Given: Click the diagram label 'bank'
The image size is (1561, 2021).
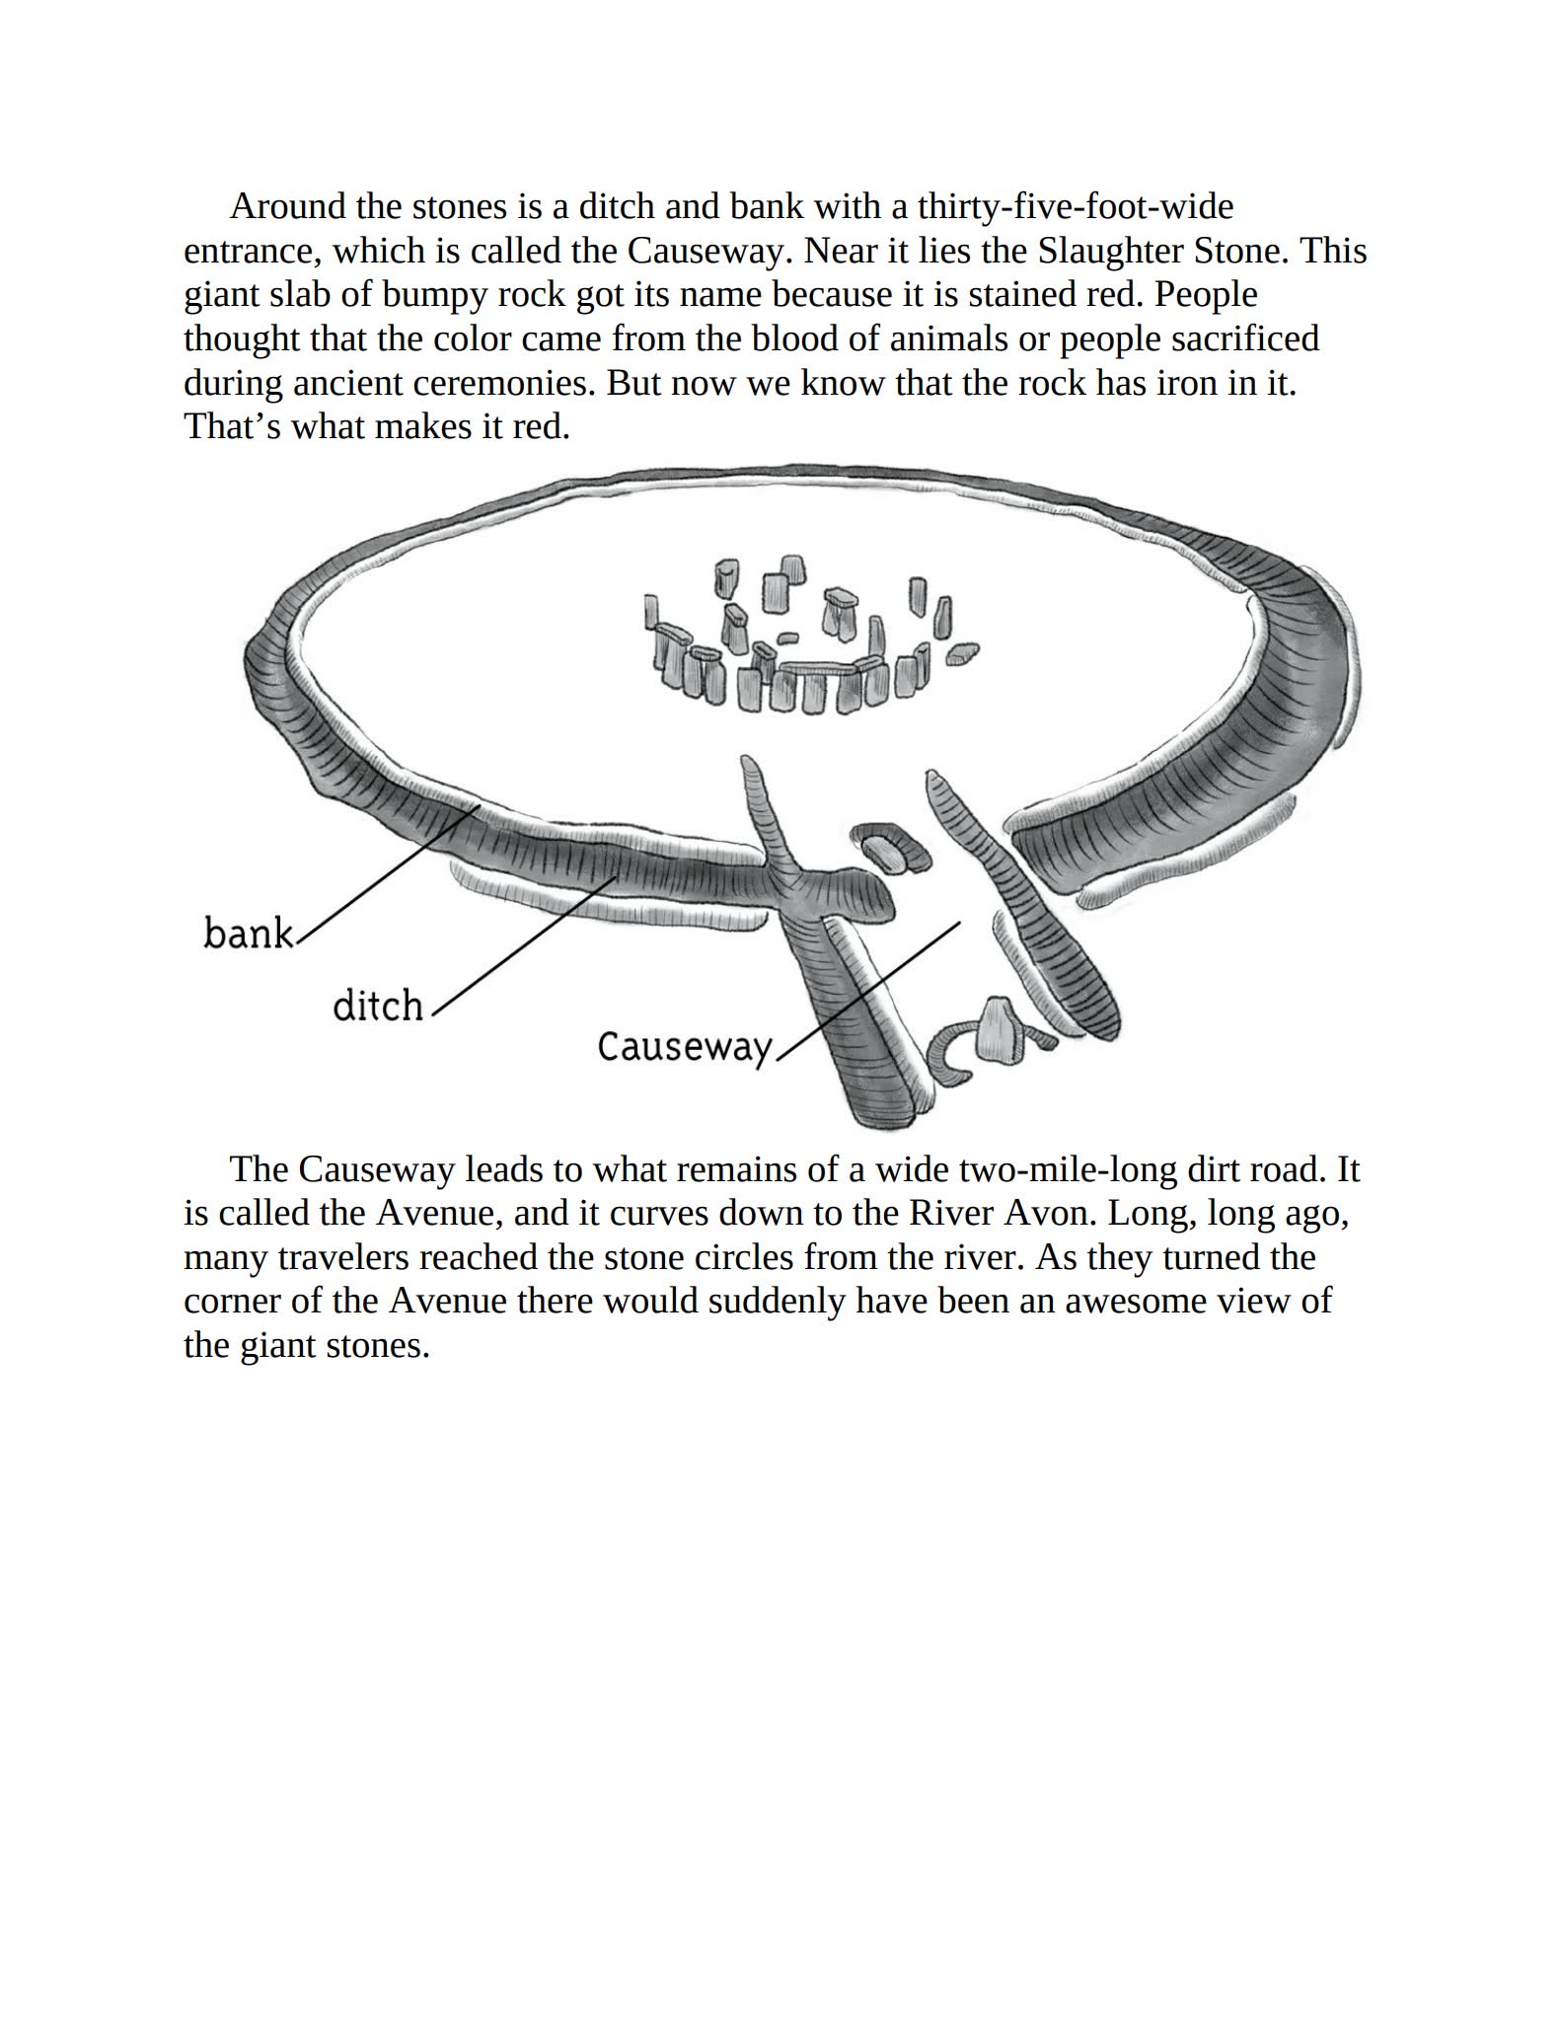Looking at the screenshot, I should point(248,933).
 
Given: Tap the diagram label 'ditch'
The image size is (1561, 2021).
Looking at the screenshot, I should point(378,1006).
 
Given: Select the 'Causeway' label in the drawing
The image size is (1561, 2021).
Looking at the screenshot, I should point(684,1046).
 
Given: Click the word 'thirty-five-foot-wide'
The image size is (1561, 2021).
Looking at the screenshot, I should point(1076,206).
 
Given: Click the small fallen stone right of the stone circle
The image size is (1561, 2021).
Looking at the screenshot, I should point(963,653).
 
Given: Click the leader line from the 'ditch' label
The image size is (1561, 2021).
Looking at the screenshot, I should point(523,944).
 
